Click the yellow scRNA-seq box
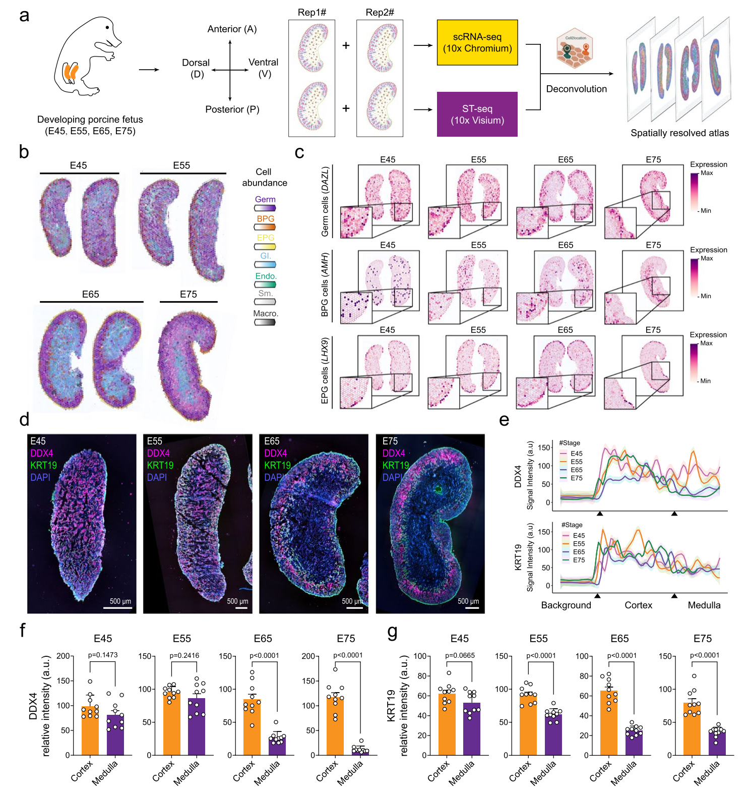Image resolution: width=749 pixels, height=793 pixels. click(477, 42)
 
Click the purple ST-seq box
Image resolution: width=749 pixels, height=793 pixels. click(477, 115)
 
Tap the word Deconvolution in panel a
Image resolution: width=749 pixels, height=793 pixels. click(576, 89)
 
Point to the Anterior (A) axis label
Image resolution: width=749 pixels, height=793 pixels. click(232, 29)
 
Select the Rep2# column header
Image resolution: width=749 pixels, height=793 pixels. click(380, 13)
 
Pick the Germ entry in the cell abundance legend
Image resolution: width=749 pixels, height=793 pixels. click(265, 200)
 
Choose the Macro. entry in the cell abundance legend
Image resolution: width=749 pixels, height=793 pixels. click(266, 314)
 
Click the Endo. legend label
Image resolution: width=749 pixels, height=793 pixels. click(266, 276)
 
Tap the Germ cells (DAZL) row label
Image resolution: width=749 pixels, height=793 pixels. click(325, 202)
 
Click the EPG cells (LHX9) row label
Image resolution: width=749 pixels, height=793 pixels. click(325, 371)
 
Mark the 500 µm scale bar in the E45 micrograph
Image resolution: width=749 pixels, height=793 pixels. click(120, 607)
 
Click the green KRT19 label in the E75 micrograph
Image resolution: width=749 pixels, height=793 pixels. click(396, 465)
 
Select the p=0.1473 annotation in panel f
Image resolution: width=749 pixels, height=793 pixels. click(103, 655)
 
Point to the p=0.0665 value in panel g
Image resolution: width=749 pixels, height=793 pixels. click(460, 655)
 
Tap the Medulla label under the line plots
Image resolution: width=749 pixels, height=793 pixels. click(704, 605)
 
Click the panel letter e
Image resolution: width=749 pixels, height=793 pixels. click(504, 420)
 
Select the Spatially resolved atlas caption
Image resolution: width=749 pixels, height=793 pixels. click(679, 133)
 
